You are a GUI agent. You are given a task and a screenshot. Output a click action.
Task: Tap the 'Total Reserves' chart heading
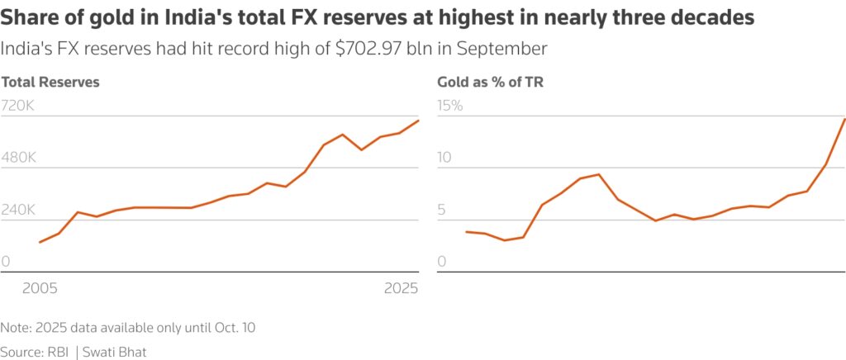50,82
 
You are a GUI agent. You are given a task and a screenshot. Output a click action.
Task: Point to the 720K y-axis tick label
17,106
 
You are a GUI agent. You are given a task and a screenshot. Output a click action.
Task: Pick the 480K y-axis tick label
18,158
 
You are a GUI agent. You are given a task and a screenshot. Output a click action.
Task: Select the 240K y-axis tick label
18,210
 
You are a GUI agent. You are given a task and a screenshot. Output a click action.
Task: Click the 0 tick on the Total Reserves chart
5,262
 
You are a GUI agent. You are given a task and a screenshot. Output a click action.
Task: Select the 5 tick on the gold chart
441,210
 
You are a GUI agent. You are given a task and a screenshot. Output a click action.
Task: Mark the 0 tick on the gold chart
441,262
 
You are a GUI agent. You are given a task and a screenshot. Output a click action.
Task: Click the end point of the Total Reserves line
419,121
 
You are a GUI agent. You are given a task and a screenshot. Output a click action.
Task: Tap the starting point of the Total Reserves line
39,242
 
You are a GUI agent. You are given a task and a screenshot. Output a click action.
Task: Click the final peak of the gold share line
844,119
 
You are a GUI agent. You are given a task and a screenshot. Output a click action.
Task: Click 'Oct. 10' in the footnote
234,328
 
